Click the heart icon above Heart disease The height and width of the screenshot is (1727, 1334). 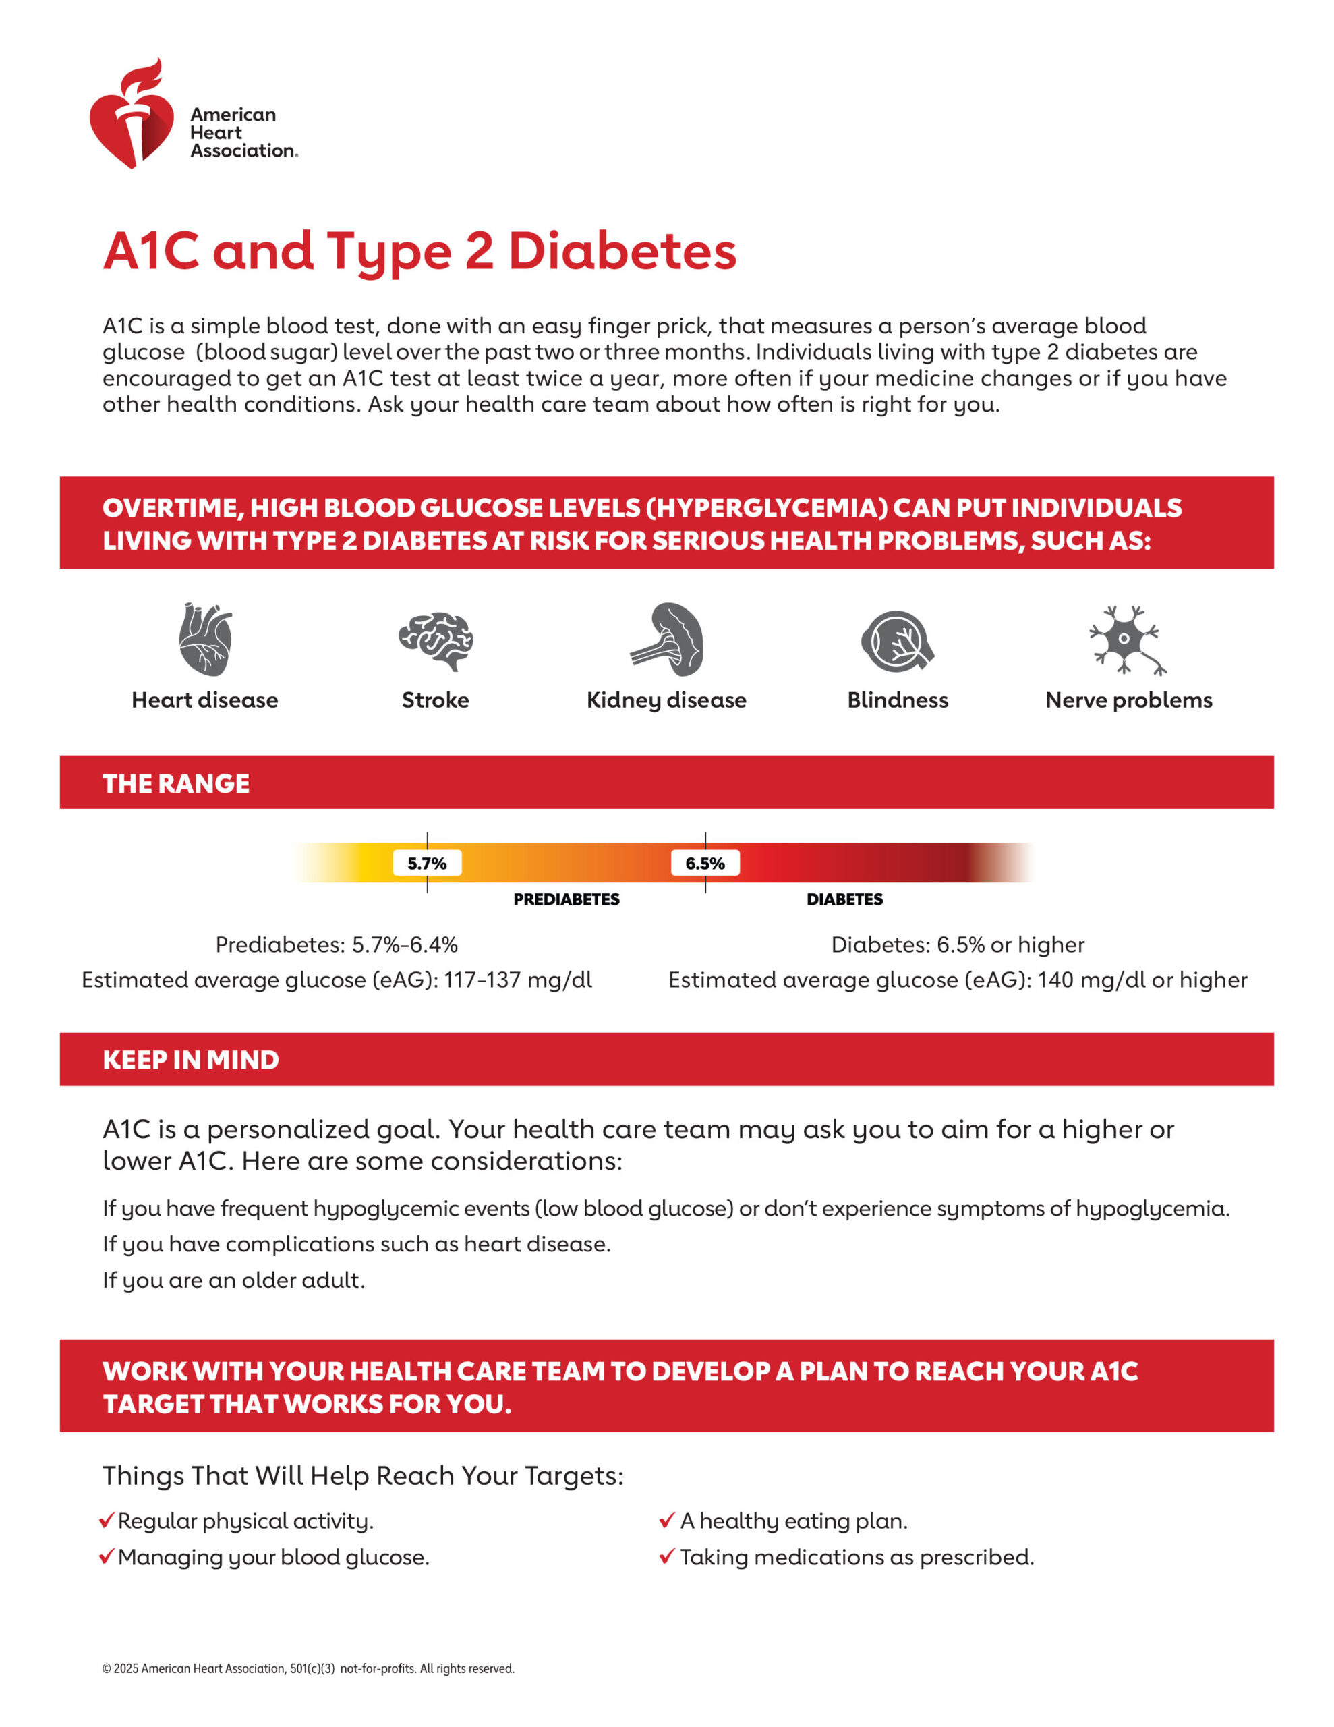pos(205,639)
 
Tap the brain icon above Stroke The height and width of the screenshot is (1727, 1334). pos(436,640)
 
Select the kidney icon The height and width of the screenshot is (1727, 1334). pos(668,639)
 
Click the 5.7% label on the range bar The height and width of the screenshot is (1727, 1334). pos(427,863)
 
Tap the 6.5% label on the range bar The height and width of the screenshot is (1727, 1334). pos(705,863)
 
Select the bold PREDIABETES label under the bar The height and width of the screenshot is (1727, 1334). pos(567,899)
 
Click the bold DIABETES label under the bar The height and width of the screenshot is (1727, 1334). pos(844,899)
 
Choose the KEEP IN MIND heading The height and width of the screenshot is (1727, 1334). pos(191,1060)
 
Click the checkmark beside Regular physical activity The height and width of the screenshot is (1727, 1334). pos(107,1521)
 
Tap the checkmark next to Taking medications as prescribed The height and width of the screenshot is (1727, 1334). pos(666,1557)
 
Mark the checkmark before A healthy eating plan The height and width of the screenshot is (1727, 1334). pos(666,1521)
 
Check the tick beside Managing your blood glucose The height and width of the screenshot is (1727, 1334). pos(107,1557)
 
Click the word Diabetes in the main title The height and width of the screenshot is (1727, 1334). pos(622,252)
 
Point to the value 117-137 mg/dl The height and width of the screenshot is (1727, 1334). pos(517,980)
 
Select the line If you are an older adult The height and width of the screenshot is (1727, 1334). pos(234,1280)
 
